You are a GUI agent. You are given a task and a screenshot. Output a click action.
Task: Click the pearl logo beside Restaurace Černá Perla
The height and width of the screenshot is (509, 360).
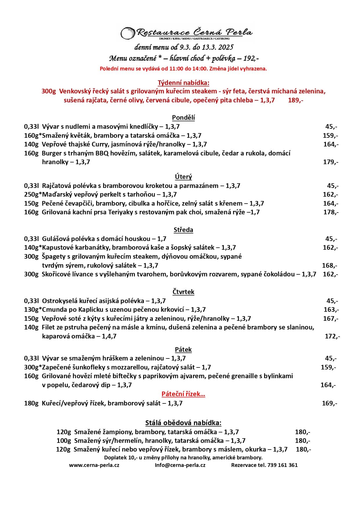[128, 33]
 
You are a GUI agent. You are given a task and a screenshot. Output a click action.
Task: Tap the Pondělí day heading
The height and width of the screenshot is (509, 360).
[183, 117]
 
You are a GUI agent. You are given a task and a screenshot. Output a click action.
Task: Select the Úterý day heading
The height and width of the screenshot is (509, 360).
[183, 177]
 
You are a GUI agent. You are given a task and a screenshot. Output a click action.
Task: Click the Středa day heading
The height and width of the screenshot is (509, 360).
[183, 230]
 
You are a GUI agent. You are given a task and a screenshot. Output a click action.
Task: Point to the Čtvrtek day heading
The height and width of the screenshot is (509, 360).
[183, 292]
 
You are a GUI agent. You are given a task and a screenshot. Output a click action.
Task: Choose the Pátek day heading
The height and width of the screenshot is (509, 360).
[183, 349]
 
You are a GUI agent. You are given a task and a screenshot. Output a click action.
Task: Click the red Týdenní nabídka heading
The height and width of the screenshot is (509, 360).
[183, 83]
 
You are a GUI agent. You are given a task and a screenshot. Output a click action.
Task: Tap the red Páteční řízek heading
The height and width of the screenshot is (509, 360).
[183, 394]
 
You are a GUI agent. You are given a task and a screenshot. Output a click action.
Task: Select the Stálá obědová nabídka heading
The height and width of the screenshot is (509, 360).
[183, 423]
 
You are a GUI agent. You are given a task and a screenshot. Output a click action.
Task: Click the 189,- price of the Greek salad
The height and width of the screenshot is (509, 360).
[296, 100]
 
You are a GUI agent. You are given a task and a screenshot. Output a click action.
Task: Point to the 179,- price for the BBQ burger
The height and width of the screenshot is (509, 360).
[331, 162]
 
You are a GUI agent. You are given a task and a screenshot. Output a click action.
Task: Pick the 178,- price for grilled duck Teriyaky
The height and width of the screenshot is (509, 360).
[331, 212]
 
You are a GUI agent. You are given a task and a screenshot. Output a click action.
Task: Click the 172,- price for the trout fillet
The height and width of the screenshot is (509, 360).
[332, 336]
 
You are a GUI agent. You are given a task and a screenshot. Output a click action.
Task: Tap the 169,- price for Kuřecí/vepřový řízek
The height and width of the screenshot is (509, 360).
[330, 403]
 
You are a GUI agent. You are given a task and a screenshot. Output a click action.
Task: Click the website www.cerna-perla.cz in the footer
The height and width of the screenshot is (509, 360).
[94, 465]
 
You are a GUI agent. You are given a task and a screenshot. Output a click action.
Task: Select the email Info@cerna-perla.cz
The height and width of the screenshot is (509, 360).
[180, 465]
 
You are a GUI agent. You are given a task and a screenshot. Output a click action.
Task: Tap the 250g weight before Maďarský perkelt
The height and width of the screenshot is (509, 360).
[31, 194]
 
